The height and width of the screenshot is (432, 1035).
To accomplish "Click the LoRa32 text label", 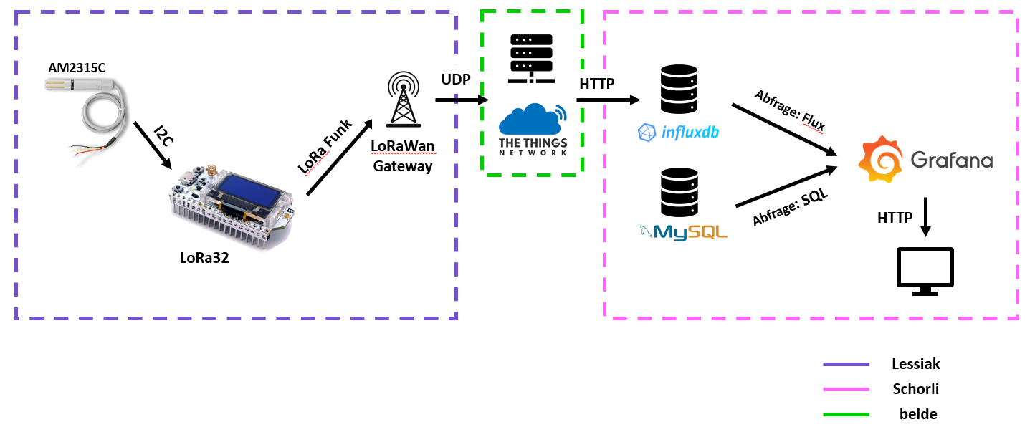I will coord(204,259).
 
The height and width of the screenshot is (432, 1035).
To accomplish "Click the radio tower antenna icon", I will coord(401,101).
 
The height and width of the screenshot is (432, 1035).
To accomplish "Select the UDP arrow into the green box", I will coord(459,100).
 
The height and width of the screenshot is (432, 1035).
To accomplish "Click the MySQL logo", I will coord(683,231).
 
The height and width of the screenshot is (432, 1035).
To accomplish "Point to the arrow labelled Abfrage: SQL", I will coord(786,187).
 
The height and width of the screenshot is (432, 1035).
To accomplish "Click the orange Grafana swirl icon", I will coord(879,160).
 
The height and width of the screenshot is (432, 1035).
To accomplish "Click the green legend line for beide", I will coord(846,414).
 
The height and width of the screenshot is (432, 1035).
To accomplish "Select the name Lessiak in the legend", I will coord(916,364).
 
